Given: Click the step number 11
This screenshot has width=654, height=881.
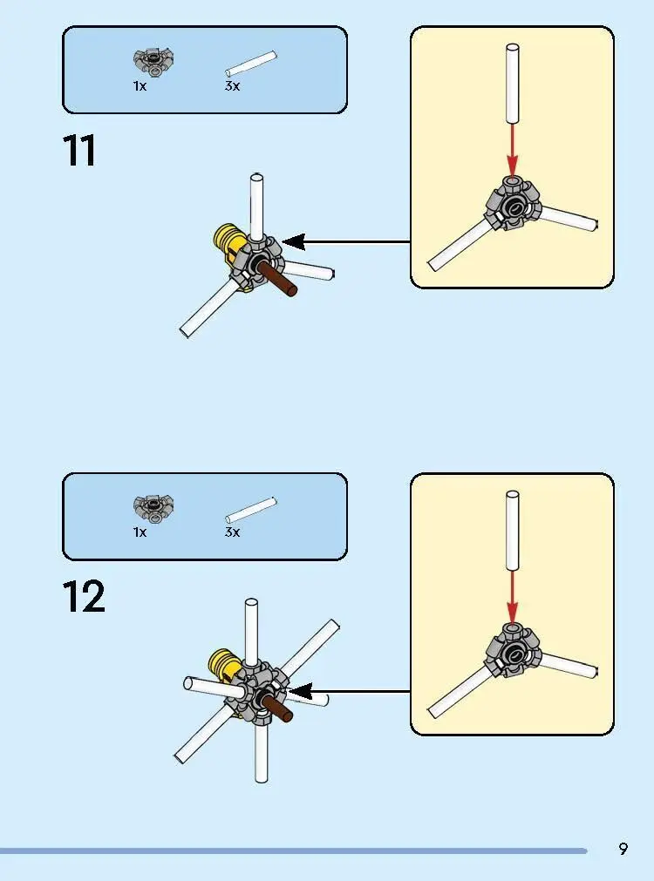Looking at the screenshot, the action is click(x=78, y=151).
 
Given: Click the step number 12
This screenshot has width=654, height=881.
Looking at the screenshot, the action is click(x=83, y=596).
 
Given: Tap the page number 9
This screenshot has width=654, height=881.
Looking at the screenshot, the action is click(x=623, y=849).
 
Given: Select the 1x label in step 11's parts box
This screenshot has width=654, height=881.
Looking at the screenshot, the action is click(x=140, y=86).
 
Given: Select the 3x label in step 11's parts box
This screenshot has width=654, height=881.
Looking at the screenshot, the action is click(x=232, y=86).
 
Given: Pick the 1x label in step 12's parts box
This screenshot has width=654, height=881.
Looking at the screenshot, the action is click(x=140, y=532).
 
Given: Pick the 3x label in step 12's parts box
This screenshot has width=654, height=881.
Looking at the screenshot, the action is click(x=232, y=532).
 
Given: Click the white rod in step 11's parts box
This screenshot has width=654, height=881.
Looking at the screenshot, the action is click(x=251, y=64).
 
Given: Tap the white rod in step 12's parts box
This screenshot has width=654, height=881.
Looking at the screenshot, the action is click(x=251, y=510).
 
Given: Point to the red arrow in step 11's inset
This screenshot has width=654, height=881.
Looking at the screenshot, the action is click(x=512, y=150).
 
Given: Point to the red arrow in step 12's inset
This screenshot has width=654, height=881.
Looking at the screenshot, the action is click(x=512, y=596).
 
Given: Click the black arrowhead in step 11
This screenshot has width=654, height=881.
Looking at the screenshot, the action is click(x=294, y=242).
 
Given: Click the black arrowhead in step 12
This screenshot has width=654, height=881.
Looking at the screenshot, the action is click(x=300, y=692).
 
